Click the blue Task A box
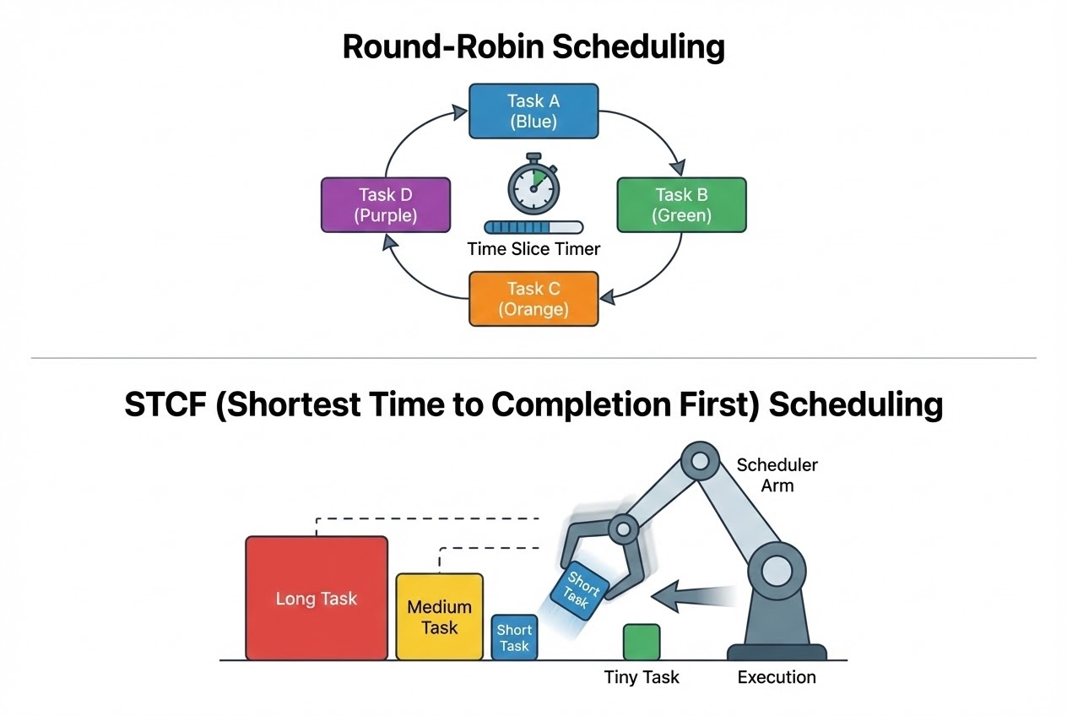[x=533, y=111]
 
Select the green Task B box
[x=681, y=204]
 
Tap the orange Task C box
[x=533, y=299]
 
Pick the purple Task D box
[x=386, y=204]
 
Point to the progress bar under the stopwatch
[x=533, y=227]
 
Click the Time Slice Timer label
[x=533, y=249]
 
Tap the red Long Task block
[x=317, y=598]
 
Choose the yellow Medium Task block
[x=440, y=616]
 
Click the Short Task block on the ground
[x=514, y=637]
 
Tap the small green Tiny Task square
[x=642, y=642]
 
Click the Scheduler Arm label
[x=777, y=475]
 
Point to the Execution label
[x=777, y=677]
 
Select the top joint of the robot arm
[x=700, y=461]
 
